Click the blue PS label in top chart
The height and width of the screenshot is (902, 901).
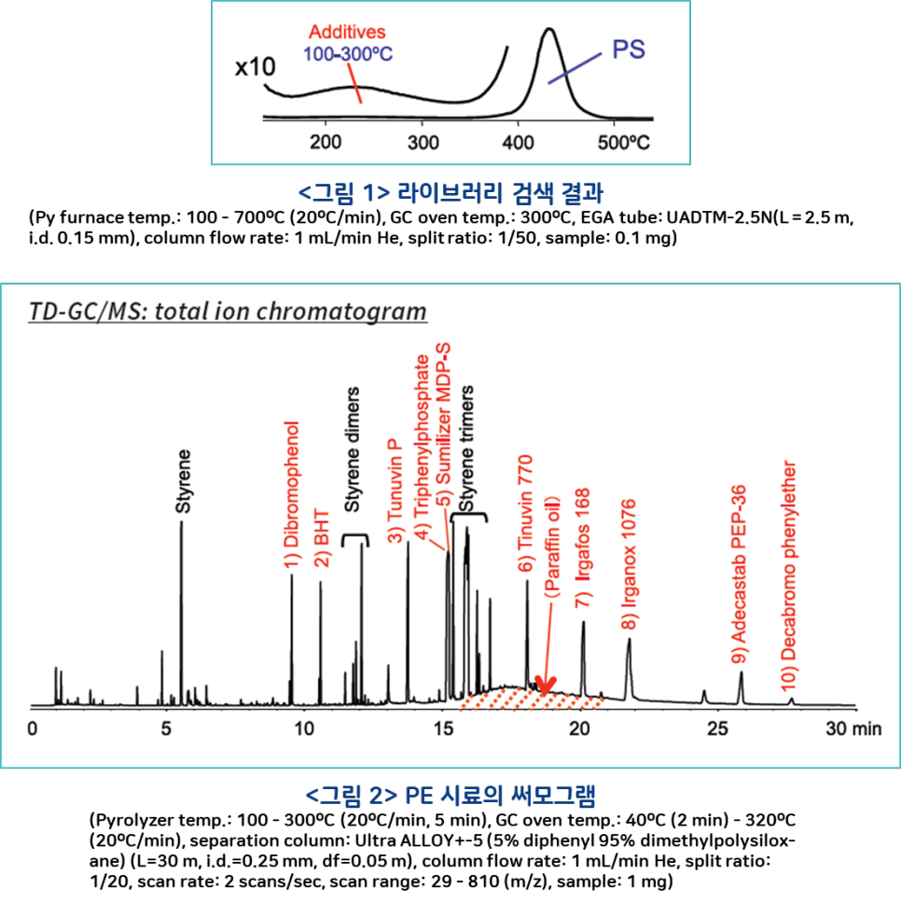point(629,49)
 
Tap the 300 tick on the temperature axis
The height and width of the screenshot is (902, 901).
point(423,142)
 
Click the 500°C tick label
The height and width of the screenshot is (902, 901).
point(622,142)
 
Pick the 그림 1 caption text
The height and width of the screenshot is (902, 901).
point(450,193)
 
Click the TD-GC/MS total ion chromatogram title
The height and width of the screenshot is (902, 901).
point(228,311)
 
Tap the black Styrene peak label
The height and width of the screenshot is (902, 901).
point(184,481)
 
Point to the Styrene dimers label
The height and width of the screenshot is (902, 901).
point(353,449)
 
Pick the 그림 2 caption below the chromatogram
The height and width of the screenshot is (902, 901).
point(450,797)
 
